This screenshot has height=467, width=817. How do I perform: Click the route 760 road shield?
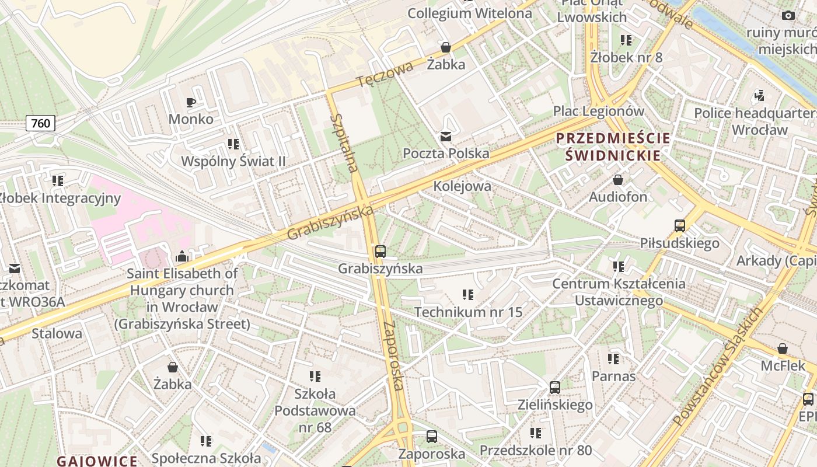(40, 123)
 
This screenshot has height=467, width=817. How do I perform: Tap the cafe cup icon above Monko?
(190, 103)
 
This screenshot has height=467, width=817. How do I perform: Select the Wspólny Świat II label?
(236, 161)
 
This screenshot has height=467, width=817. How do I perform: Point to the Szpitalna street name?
(344, 142)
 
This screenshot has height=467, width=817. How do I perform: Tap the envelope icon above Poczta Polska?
(446, 137)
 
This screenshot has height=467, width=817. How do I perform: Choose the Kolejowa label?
(462, 186)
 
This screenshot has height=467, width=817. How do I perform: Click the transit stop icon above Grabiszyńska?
(380, 252)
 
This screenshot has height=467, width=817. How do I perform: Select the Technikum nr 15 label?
(469, 312)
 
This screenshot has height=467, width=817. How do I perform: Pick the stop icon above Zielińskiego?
(555, 387)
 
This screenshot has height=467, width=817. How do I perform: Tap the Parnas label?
(613, 376)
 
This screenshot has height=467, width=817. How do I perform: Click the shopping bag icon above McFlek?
(783, 348)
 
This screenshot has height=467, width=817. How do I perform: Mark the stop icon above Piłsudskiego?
(679, 225)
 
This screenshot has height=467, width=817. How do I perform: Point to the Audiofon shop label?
(618, 197)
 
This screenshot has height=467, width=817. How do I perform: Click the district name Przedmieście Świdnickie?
(613, 147)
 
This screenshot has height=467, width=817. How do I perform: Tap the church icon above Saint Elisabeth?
(182, 256)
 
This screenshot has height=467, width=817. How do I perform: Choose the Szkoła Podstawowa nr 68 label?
(315, 410)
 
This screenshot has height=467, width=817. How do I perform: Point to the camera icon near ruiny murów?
(788, 16)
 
